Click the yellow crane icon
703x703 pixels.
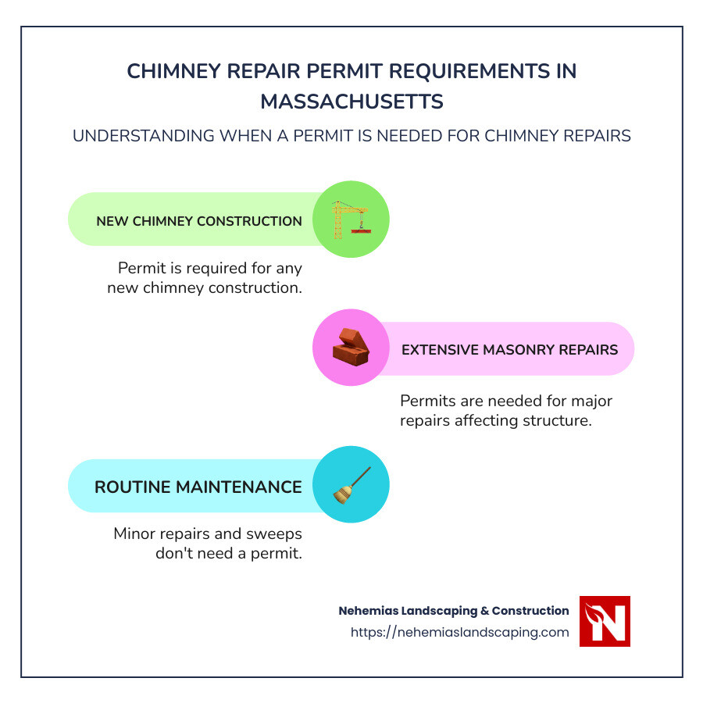point(351,219)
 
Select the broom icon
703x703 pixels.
point(351,484)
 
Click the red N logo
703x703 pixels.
point(605,621)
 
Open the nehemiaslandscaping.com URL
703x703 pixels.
point(460,633)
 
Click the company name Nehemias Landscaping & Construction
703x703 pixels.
point(454,611)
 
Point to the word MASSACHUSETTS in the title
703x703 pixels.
point(351,102)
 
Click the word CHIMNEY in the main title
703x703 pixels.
point(173,71)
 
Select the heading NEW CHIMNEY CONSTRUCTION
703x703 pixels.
point(199,221)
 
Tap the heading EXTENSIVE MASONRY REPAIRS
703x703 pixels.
point(509,350)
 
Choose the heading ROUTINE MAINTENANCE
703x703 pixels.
point(198,487)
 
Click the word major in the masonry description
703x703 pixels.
point(590,401)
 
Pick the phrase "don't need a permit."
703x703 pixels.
point(230,554)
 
